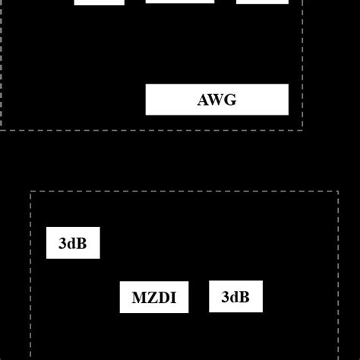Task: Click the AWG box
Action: coord(216,99)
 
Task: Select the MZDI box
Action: coord(153,298)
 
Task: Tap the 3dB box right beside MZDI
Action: coord(235,297)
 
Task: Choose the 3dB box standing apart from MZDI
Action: coord(72,243)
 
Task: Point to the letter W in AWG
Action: coord(217,100)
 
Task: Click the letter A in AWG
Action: coord(204,100)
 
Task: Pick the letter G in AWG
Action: coord(230,100)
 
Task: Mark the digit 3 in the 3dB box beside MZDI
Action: coord(225,297)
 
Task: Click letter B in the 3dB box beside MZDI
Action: coord(244,297)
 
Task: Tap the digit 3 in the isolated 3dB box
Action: coord(62,244)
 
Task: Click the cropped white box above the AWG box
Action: coord(179,2)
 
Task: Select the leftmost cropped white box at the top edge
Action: coord(99,2)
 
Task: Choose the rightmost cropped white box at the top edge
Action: coord(262,2)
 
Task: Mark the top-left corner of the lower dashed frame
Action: coord(30,192)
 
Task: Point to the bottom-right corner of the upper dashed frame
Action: coord(302,130)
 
